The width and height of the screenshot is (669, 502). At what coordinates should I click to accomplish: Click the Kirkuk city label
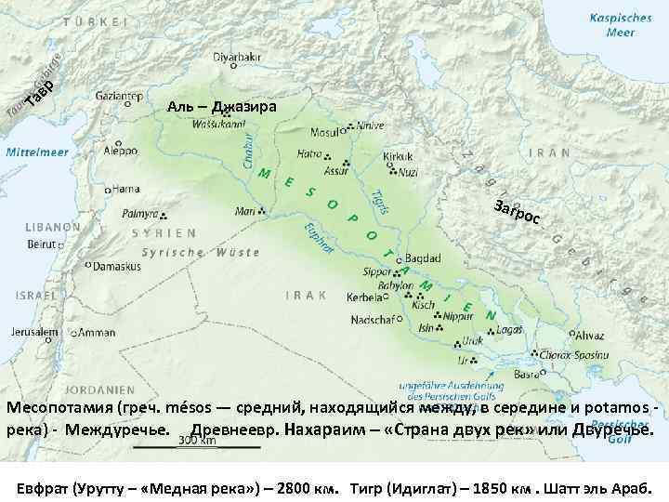click(398, 159)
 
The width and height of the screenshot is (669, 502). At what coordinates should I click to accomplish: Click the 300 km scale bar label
click(196, 441)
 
